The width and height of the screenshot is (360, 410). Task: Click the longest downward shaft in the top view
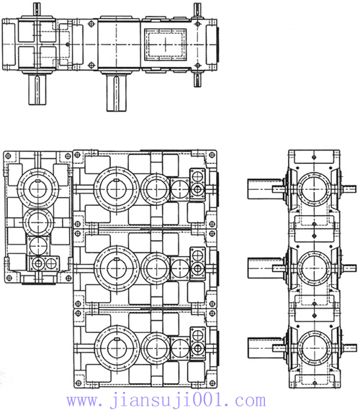coord(116,93)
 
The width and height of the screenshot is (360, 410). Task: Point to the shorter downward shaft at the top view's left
coord(37,89)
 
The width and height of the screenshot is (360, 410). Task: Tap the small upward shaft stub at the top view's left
coord(37,10)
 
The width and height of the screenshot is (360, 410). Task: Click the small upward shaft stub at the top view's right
coord(197,10)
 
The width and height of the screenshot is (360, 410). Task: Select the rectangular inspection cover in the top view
coord(165,45)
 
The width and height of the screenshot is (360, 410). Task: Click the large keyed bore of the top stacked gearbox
coord(117,188)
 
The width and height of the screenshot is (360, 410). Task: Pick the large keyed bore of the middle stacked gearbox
coord(117,268)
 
